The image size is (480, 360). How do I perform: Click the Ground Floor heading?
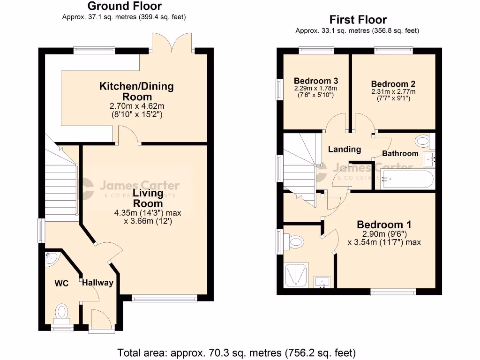click(124, 6)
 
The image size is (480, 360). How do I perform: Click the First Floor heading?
click(358, 20)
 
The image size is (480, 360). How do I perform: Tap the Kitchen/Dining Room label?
click(136, 91)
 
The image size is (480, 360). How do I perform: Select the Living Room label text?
click(148, 198)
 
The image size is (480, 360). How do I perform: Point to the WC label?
click(62, 284)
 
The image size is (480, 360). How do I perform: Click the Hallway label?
click(97, 283)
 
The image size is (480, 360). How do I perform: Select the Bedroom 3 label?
click(315, 81)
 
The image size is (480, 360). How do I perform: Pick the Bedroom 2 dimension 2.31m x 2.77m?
click(393, 92)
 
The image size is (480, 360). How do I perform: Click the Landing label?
click(344, 150)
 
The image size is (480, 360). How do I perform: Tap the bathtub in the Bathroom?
click(406, 179)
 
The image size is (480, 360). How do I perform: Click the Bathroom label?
click(400, 153)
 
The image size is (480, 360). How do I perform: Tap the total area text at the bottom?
click(236, 352)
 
